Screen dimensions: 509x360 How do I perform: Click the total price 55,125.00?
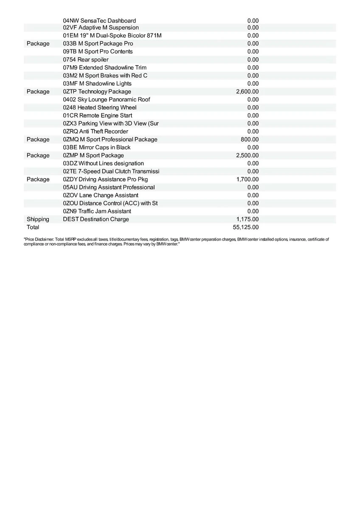tap(246, 227)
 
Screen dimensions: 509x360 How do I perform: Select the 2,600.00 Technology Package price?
tap(247, 92)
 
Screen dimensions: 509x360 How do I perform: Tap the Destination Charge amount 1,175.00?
tap(247, 219)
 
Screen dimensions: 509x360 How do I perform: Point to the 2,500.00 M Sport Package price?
tap(247, 156)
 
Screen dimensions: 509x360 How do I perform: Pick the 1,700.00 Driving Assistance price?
tap(247, 179)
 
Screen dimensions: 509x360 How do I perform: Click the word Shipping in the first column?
tap(38, 219)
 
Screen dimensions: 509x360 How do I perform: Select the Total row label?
tap(33, 227)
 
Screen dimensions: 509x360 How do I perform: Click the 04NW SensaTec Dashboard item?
tap(99, 21)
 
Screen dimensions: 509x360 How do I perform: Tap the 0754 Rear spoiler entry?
tap(85, 60)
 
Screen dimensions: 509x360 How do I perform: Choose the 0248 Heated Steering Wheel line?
tap(100, 108)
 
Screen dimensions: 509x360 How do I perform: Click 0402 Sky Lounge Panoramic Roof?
tap(106, 100)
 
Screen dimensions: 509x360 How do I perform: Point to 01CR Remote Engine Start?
tap(97, 116)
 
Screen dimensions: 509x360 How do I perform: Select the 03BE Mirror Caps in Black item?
tap(96, 148)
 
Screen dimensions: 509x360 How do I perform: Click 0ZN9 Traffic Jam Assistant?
tap(97, 211)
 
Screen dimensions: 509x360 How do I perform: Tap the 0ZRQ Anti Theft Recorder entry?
tap(95, 131)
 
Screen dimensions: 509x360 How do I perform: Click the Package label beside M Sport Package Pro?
tap(38, 44)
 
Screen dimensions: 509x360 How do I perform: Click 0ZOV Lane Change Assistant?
tap(100, 196)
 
